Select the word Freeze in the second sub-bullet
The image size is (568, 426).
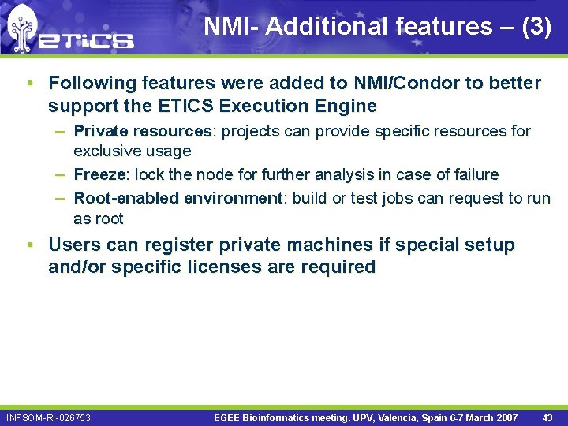(99, 174)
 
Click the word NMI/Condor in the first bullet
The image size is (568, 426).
(376, 83)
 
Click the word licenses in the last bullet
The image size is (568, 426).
(222, 267)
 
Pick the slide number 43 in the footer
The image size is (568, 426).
(547, 417)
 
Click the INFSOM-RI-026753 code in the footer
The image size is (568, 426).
(48, 417)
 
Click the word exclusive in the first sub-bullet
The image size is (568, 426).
(106, 151)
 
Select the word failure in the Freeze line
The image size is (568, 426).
(474, 174)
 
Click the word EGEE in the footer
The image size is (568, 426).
(229, 417)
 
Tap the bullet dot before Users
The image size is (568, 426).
(29, 245)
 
